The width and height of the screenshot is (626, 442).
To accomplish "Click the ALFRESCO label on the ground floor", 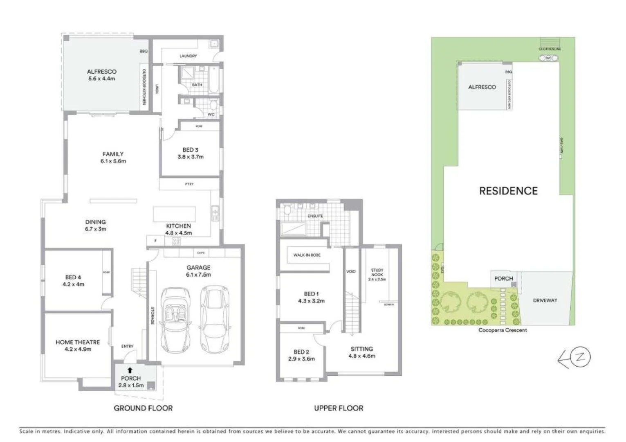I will point(101,72).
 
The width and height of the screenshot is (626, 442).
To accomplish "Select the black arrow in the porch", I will point(130,370).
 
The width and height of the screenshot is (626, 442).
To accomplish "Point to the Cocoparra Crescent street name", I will point(503,330).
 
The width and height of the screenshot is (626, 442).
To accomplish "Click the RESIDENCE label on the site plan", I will point(508,191).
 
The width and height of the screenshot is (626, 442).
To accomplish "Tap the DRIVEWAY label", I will point(545,300).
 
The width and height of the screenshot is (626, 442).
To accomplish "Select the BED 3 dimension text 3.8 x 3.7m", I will point(191,157).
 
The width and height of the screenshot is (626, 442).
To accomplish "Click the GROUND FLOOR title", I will point(143,408).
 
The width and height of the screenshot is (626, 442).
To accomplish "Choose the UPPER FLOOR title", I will point(339,408).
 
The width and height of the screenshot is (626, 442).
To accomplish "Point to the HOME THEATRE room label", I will point(78,342).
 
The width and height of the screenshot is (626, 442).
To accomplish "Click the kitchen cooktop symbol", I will point(176,241).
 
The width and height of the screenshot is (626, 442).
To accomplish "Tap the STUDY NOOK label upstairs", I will point(377,272).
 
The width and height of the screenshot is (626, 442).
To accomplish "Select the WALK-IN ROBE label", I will point(307,255).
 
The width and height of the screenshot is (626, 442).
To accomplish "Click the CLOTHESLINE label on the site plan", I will point(550,49).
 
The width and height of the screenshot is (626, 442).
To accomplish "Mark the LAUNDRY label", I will point(188,56).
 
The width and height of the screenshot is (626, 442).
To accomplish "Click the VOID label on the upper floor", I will point(351,271).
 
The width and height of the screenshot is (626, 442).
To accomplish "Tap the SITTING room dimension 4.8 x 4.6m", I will point(362,356).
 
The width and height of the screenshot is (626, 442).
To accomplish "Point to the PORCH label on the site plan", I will point(503,278).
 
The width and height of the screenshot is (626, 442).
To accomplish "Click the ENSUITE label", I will point(315,216).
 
